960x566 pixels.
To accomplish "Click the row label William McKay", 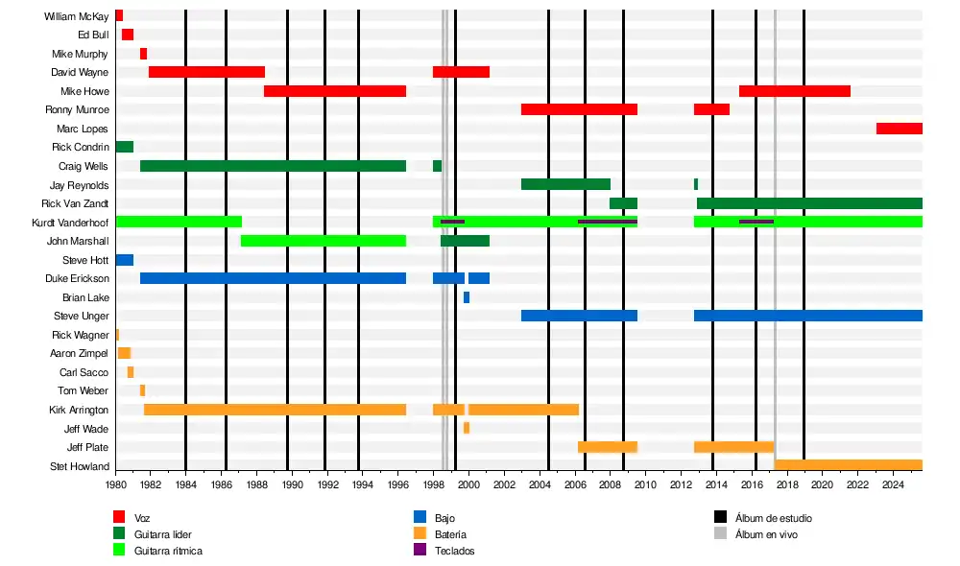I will click(76, 16).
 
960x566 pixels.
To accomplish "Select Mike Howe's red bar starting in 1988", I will click(334, 91).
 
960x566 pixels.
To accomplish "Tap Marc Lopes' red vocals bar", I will click(899, 129).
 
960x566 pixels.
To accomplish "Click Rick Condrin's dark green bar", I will click(124, 147).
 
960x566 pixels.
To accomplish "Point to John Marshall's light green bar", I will click(323, 241).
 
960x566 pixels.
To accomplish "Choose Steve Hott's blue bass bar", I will click(124, 260).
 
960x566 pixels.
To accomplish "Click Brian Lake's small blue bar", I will click(467, 297).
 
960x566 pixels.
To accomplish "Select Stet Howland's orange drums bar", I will click(848, 465).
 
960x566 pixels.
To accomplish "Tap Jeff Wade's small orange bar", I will click(467, 428).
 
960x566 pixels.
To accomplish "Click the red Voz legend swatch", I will click(119, 517).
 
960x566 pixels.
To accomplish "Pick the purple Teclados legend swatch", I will click(420, 550).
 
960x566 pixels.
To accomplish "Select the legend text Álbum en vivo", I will click(766, 534).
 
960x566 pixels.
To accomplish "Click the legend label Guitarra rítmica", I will click(168, 551).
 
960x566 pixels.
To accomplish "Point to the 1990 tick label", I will click(292, 486).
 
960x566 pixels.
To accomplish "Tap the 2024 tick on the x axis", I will click(893, 486).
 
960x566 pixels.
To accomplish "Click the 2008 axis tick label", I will click(610, 486).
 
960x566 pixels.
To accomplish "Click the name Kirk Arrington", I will click(79, 410).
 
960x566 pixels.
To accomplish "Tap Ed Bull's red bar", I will click(128, 35).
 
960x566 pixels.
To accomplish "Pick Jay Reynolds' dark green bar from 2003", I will click(565, 184).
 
